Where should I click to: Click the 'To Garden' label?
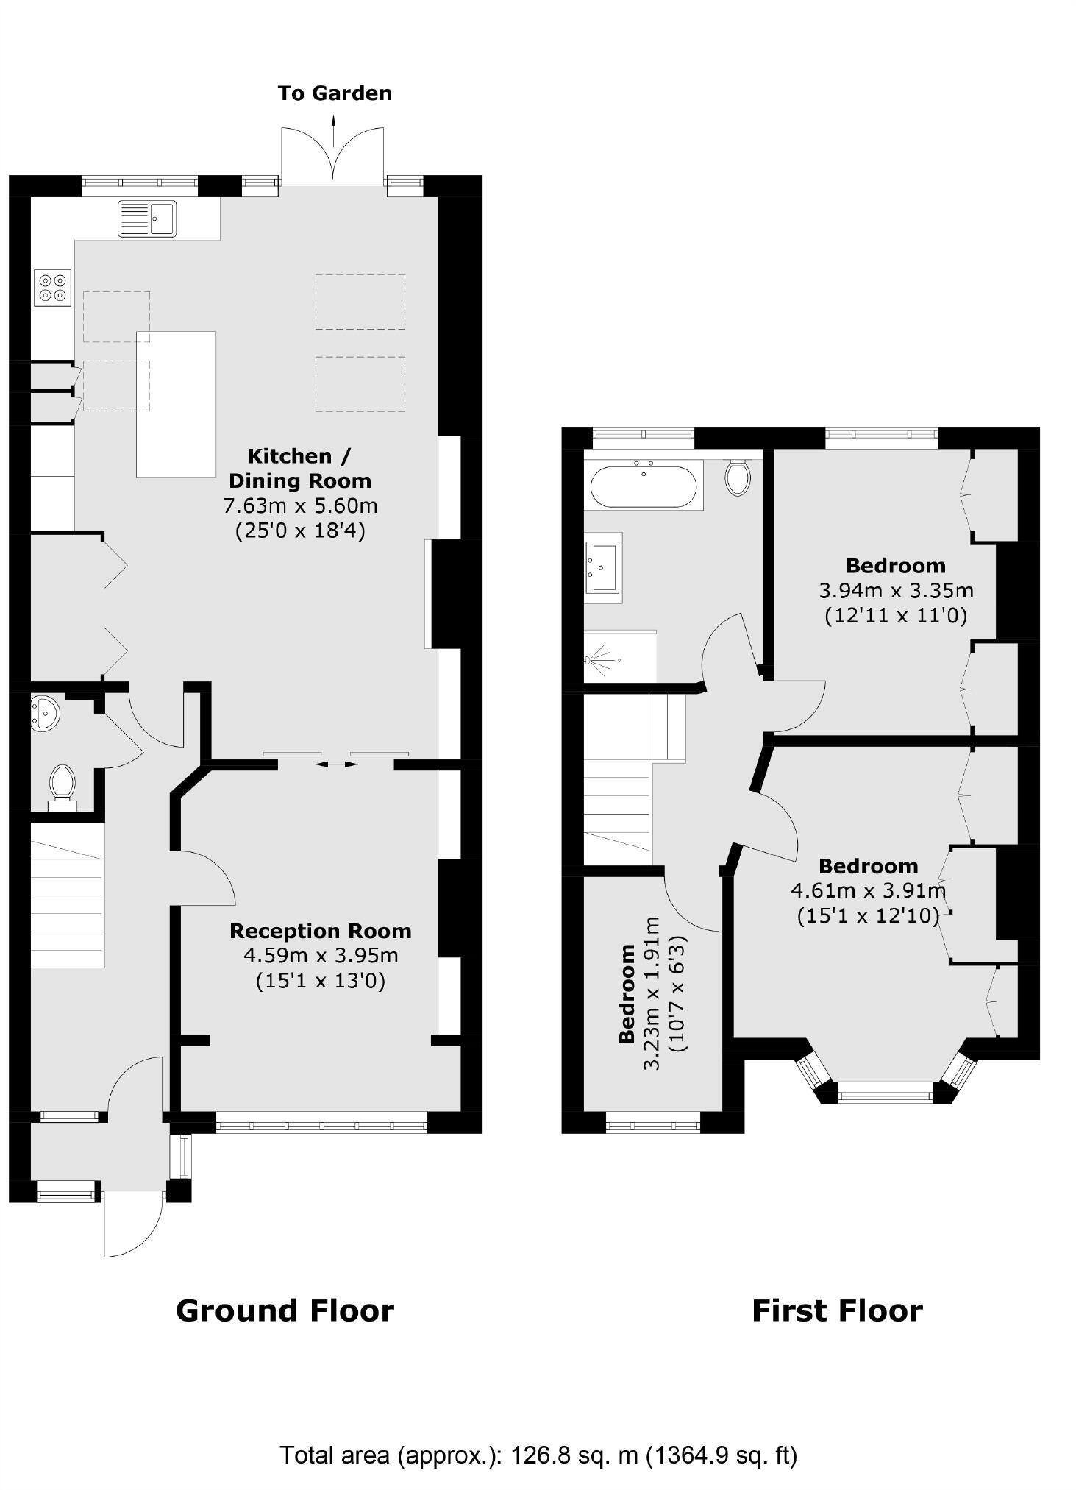point(335,93)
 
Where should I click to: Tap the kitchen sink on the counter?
point(147,218)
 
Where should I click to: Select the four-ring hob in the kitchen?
point(53,288)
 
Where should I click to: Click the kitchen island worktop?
point(177,404)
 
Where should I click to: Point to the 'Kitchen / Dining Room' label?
point(299,468)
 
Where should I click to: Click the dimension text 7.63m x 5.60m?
point(300,506)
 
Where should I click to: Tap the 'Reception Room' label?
point(320,931)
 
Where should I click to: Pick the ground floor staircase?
point(66,894)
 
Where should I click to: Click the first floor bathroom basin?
point(603,567)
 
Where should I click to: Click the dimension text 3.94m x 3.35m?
point(896,590)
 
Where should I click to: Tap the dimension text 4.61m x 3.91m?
point(868,890)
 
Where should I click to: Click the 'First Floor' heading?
point(837,1310)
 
